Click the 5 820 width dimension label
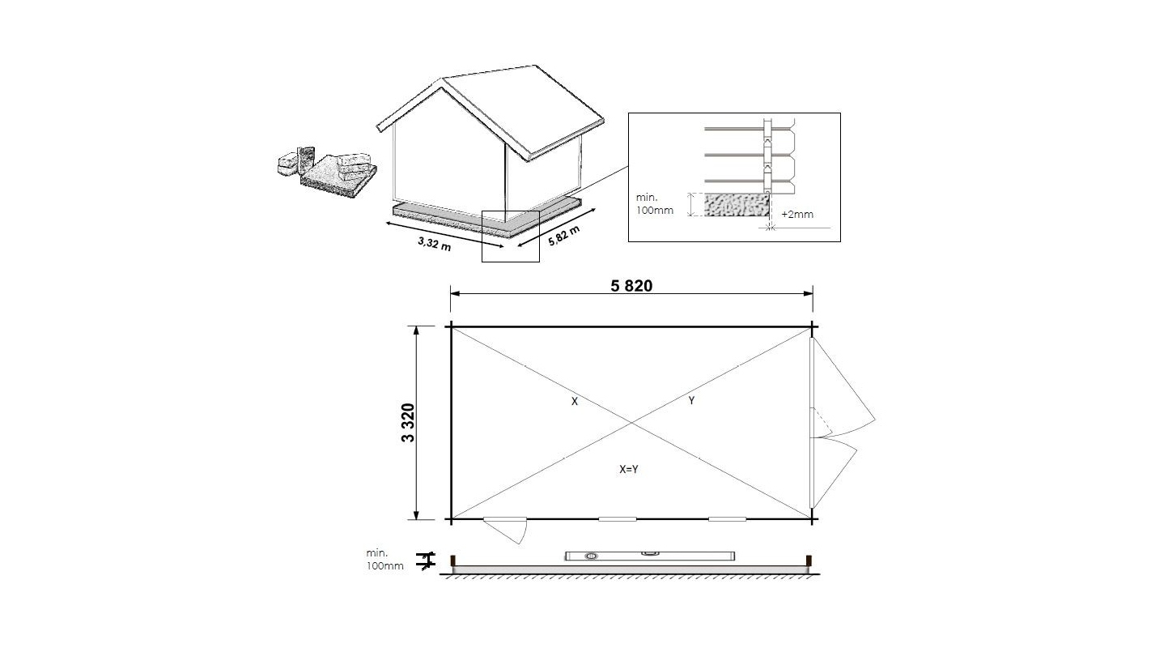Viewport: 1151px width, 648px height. (x=631, y=286)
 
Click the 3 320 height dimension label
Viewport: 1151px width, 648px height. (x=408, y=423)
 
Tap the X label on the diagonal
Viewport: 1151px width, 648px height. (x=575, y=401)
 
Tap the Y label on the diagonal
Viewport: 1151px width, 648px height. (x=691, y=400)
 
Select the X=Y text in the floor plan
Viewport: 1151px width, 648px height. (x=628, y=469)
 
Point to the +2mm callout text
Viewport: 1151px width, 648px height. (x=797, y=215)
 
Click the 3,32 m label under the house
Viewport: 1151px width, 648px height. (x=435, y=243)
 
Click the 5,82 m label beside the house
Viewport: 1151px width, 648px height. (x=563, y=236)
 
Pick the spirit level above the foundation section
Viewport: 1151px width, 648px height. (x=650, y=556)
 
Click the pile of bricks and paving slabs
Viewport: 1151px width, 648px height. (x=327, y=172)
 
